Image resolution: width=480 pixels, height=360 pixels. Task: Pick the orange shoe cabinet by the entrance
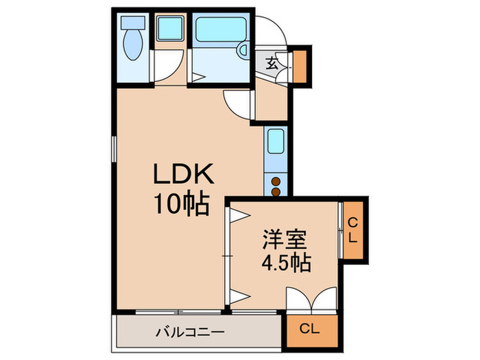point(299,66)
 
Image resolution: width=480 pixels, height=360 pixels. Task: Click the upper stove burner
point(276,182)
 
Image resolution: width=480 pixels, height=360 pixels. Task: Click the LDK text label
point(184,176)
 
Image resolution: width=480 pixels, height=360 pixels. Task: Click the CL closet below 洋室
point(313,328)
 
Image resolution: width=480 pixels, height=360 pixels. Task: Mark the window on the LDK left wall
point(114,147)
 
